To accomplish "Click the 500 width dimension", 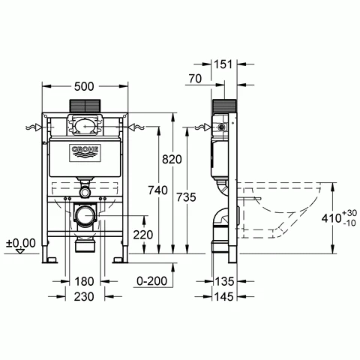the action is (x=84, y=86).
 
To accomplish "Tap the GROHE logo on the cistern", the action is (x=85, y=152).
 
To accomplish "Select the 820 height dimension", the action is (x=172, y=159).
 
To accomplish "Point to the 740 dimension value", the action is (x=157, y=190).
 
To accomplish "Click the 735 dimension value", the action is (x=186, y=197).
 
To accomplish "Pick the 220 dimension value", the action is (x=143, y=235).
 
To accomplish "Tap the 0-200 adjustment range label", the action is (x=152, y=281).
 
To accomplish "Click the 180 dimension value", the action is (x=84, y=281).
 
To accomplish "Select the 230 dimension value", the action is (x=84, y=297).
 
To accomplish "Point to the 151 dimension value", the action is (x=223, y=64).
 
